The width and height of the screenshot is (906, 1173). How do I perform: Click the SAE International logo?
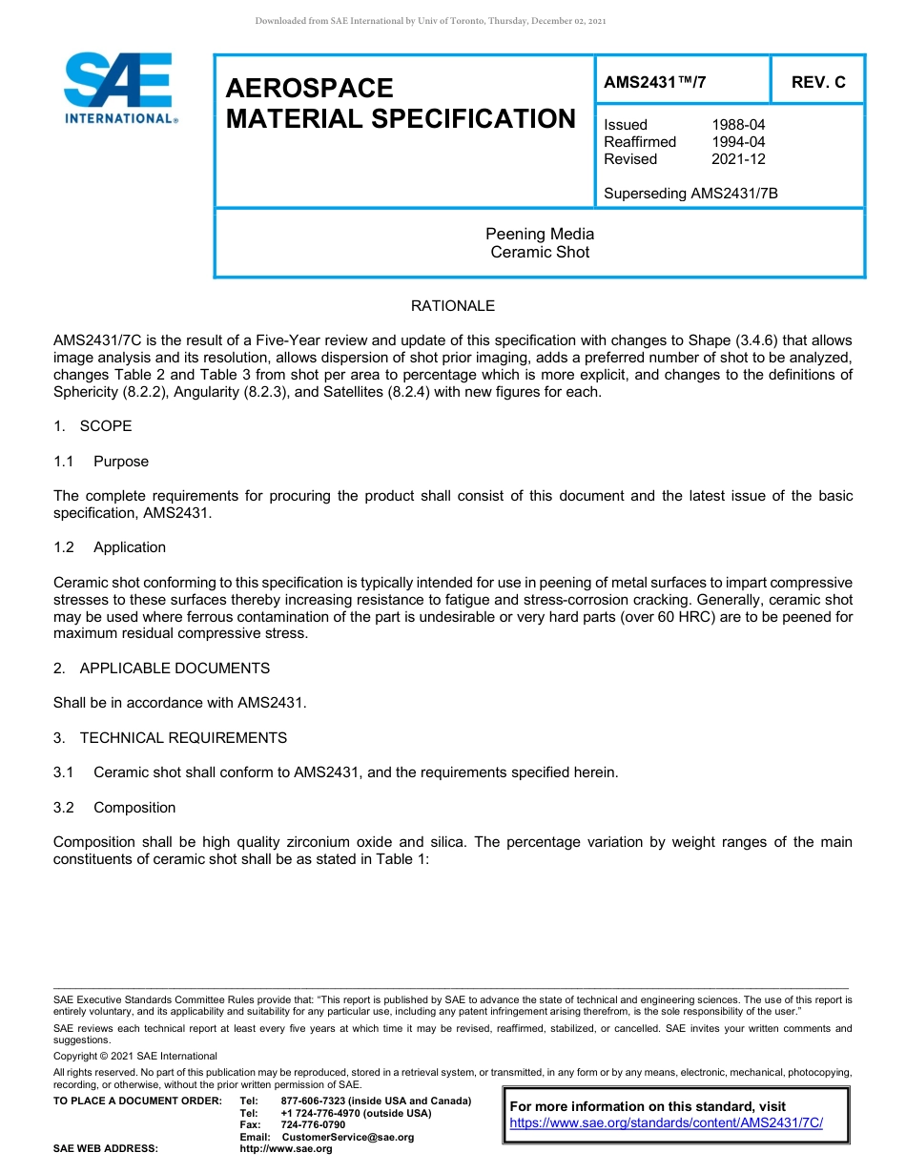pyautogui.click(x=119, y=88)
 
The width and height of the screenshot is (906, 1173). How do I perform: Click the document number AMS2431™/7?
pyautogui.click(x=655, y=82)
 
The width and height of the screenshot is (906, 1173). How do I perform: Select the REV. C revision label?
pyautogui.click(x=817, y=82)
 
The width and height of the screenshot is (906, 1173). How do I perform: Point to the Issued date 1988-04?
pyautogui.click(x=737, y=125)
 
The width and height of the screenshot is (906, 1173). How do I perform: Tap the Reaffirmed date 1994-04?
pyautogui.click(x=737, y=142)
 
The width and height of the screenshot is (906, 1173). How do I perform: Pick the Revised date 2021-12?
pyautogui.click(x=737, y=159)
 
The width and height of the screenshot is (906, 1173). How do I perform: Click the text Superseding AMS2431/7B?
pyautogui.click(x=690, y=194)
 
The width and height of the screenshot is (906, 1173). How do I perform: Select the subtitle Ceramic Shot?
pyautogui.click(x=540, y=253)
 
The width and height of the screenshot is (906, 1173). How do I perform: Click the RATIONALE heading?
pyautogui.click(x=452, y=306)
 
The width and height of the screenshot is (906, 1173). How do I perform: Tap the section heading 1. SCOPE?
pyautogui.click(x=93, y=426)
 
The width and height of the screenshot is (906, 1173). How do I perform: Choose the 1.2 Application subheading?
pyautogui.click(x=110, y=547)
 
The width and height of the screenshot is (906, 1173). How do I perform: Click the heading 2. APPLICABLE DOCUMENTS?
pyautogui.click(x=161, y=669)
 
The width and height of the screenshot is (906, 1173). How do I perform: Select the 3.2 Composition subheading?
pyautogui.click(x=114, y=808)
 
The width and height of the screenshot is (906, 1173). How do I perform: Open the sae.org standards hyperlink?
pyautogui.click(x=666, y=1123)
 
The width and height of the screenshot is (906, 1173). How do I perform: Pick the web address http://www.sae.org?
pyautogui.click(x=285, y=1149)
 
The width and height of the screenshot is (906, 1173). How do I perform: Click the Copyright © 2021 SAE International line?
pyautogui.click(x=135, y=1057)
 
